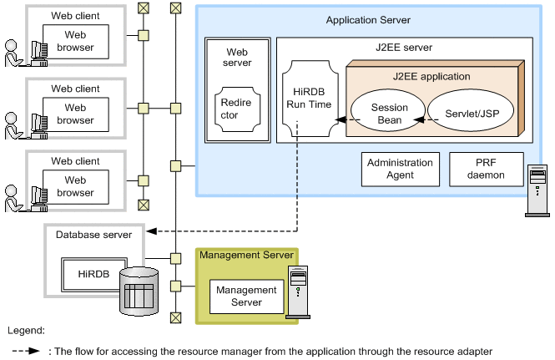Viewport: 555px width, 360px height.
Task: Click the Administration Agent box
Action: coord(401,169)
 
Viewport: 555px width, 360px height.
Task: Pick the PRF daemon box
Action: coord(486,169)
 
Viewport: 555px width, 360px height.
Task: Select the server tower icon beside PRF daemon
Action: coord(538,190)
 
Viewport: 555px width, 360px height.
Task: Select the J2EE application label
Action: coord(431,76)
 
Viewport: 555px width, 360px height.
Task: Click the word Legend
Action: coord(25,332)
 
